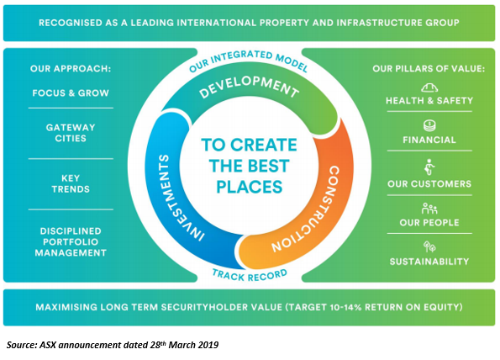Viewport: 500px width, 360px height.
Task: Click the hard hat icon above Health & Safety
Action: pyautogui.click(x=429, y=87)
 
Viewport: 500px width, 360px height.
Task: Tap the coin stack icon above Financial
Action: pyautogui.click(x=429, y=125)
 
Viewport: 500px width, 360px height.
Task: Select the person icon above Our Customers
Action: pyautogui.click(x=429, y=167)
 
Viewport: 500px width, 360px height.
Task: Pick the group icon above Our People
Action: pyautogui.click(x=429, y=209)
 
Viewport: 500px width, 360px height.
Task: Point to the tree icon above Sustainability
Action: pyautogui.click(x=429, y=246)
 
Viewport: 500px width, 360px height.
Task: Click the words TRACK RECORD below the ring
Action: pyautogui.click(x=250, y=275)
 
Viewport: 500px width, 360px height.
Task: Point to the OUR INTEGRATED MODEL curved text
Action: pyautogui.click(x=249, y=60)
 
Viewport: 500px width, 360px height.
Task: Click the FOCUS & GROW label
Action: pyautogui.click(x=71, y=93)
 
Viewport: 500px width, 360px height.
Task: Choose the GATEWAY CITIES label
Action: pyautogui.click(x=71, y=133)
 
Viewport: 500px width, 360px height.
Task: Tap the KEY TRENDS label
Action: pyautogui.click(x=71, y=183)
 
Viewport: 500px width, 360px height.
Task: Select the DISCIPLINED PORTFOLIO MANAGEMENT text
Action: pyautogui.click(x=71, y=241)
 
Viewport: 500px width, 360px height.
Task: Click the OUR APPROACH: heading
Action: pyautogui.click(x=71, y=69)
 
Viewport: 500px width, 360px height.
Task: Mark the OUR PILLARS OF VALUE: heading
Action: pyautogui.click(x=429, y=69)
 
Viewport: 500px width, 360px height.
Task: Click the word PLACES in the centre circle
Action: pyautogui.click(x=250, y=187)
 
